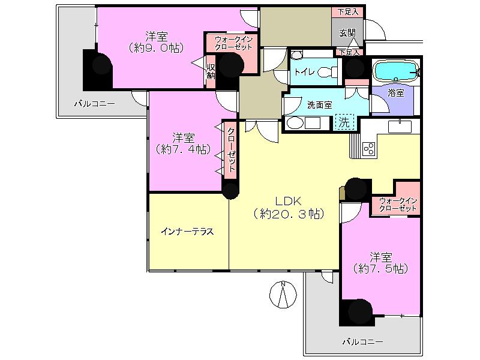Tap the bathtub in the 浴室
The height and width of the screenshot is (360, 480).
point(396,71)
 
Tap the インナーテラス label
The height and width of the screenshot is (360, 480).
point(187,231)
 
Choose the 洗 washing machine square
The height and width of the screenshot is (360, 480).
point(345,122)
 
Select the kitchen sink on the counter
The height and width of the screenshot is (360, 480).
point(398,126)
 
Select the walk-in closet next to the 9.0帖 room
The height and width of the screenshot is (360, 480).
point(233,43)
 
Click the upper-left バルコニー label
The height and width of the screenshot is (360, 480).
point(94,103)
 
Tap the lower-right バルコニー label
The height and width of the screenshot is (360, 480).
point(362,341)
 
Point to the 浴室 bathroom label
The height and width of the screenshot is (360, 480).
point(395,93)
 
